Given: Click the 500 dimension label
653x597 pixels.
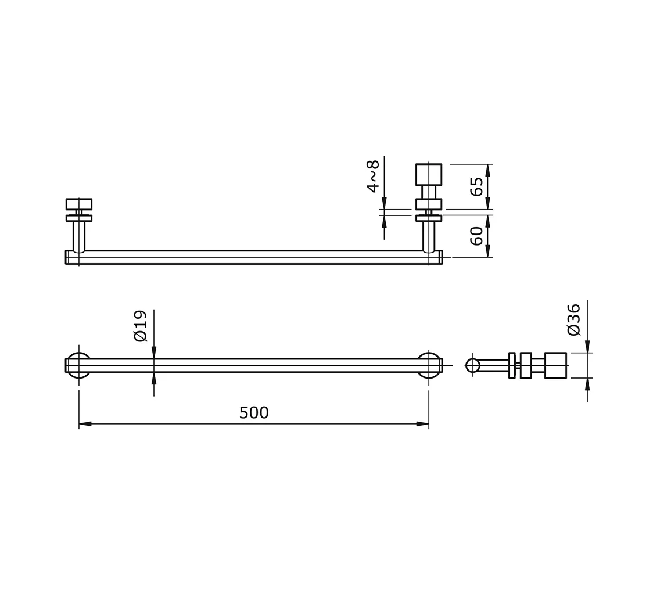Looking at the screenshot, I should tap(254, 413).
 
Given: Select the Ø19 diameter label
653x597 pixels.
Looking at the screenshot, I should tap(141, 326).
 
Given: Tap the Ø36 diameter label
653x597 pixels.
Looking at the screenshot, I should tap(573, 319).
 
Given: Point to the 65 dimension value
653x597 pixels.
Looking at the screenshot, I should tap(476, 186).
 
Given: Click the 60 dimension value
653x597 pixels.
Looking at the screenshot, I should tap(476, 236).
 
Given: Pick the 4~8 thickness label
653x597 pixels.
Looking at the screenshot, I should tap(373, 176).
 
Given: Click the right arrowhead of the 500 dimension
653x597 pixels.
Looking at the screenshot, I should tap(422, 424).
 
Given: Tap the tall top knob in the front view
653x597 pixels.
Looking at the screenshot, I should tap(429, 174).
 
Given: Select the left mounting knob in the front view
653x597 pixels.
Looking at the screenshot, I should tap(79, 204).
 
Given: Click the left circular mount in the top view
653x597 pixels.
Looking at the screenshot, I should tap(79, 365).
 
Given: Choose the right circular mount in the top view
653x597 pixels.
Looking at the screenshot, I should tap(429, 365).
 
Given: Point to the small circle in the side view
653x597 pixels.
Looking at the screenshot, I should tap(473, 365).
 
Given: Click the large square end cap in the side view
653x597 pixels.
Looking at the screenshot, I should tap(555, 365).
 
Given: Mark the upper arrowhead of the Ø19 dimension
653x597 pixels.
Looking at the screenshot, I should tap(154, 353).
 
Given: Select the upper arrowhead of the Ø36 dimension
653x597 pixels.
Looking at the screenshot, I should tap(587, 346).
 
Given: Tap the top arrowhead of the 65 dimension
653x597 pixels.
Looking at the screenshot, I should tap(488, 170).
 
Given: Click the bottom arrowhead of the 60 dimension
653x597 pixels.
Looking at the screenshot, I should tap(488, 251).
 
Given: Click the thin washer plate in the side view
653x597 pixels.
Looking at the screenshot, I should tap(512, 365).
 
